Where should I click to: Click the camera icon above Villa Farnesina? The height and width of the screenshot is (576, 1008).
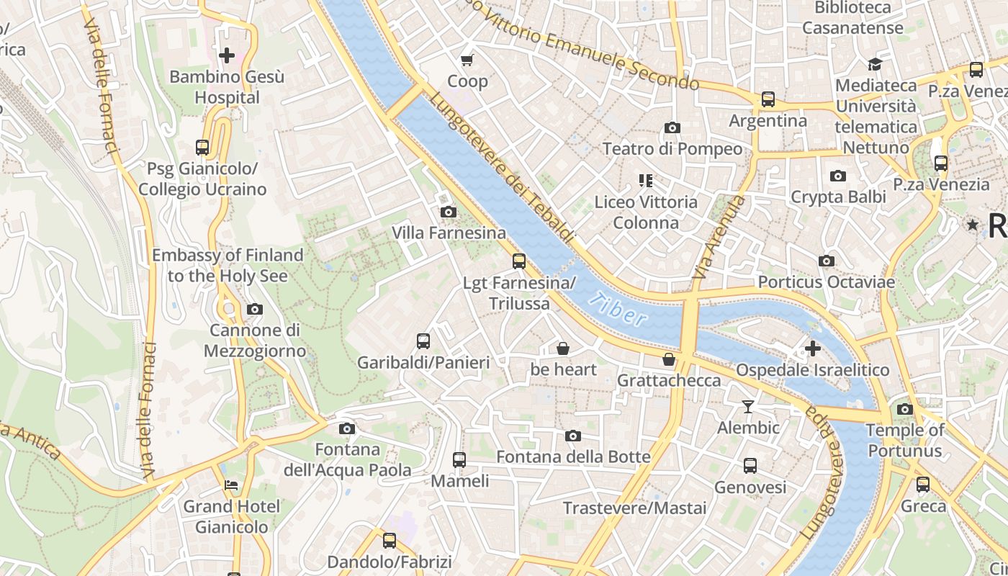tap(448, 212)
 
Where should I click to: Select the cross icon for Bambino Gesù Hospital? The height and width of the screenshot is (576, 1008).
tap(227, 55)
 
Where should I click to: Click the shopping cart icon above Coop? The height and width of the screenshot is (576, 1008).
tap(467, 60)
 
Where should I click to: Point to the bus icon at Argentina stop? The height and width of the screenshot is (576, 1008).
tap(768, 99)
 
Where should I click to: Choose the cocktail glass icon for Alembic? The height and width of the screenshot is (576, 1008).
tap(748, 407)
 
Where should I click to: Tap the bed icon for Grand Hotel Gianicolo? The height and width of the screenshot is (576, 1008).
tap(231, 485)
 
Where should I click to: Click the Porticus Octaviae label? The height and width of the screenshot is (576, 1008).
tap(826, 282)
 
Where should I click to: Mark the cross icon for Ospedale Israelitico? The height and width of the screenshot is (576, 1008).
tap(813, 349)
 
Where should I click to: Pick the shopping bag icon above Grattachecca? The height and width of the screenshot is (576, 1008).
tap(669, 359)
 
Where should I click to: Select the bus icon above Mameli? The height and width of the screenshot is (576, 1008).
tap(459, 459)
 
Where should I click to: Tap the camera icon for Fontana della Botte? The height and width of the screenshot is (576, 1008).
tap(573, 436)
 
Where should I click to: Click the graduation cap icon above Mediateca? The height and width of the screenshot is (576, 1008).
tap(875, 64)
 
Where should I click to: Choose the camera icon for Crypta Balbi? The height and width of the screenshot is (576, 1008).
tap(837, 176)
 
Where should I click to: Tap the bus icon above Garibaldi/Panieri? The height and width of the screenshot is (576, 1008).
tap(423, 341)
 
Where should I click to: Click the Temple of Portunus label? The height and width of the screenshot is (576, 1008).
tap(905, 441)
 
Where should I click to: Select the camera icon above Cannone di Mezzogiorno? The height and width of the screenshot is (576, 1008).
tap(254, 309)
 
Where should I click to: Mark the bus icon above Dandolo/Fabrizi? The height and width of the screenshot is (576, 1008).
tap(390, 540)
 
